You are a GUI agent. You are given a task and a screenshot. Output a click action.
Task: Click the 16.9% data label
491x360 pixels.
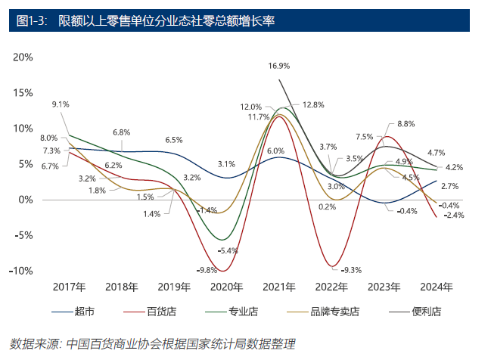[279, 67]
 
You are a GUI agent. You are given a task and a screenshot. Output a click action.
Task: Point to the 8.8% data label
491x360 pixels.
[406, 124]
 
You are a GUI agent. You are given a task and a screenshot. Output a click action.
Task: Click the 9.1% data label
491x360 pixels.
[61, 104]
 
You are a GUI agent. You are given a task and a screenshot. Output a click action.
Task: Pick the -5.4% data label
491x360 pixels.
[228, 250]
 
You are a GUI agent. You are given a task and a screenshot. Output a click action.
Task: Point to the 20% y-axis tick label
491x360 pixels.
[23, 57]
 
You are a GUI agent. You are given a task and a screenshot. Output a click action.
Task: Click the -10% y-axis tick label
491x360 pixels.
[21, 271]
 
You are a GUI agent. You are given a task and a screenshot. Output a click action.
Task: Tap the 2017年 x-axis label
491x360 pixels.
[69, 287]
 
